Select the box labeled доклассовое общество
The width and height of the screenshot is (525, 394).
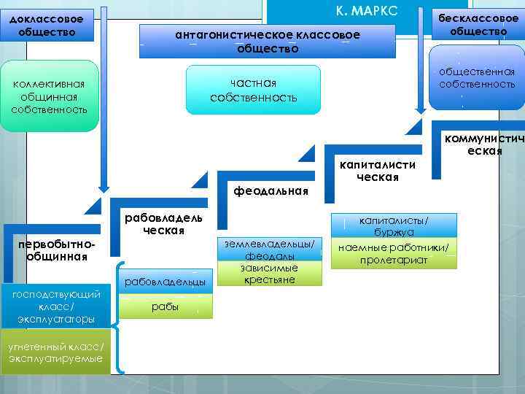(x=47, y=24)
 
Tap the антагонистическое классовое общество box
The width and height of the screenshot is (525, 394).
(x=268, y=42)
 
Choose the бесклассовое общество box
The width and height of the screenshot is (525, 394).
(x=478, y=24)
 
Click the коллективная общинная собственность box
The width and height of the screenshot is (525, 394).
(x=50, y=97)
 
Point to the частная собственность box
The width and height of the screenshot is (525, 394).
(x=253, y=90)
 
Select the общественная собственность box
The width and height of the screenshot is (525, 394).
(x=477, y=78)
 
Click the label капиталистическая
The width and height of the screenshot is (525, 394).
(x=377, y=171)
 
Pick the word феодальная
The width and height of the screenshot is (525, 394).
(x=271, y=191)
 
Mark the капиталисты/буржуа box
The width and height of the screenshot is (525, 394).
(x=394, y=225)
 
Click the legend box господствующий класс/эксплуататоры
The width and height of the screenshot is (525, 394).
(x=56, y=306)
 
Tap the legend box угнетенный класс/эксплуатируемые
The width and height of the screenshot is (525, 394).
(x=56, y=353)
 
